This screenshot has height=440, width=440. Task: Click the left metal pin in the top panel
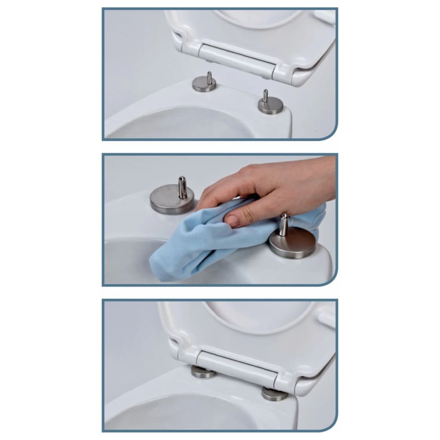[x=209, y=77]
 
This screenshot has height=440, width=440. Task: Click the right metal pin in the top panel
[x=265, y=96]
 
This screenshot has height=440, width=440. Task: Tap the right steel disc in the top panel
[x=271, y=107]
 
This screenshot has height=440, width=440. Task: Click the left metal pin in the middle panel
[x=183, y=187]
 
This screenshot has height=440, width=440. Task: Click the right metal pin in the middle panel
[x=284, y=224]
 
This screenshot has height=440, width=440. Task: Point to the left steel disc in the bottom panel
[x=203, y=373]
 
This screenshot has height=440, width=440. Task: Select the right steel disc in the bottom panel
[x=274, y=394]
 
